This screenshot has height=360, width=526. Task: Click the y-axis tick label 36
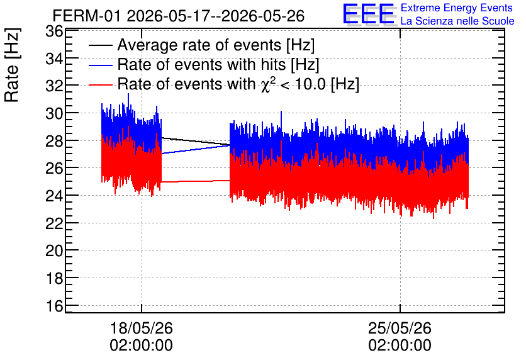coord(54,32)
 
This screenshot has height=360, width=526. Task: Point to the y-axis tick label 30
coord(54,113)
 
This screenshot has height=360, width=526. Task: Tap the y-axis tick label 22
coord(54,223)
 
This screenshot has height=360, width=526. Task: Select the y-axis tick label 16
coord(54,306)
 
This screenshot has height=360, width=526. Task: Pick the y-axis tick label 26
coord(54,168)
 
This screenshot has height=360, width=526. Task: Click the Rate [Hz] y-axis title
coord(12,65)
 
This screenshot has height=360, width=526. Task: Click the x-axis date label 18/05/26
coord(141,328)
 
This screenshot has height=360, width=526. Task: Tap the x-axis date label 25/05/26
coord(400,328)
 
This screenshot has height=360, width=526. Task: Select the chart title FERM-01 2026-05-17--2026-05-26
coord(179,16)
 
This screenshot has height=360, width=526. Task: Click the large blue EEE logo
coord(369,14)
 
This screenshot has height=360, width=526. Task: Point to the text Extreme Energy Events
coord(457,8)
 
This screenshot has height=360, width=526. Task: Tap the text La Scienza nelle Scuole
coord(457,21)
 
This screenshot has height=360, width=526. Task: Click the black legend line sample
coord(100,45)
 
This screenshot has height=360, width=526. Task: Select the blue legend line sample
coord(100,65)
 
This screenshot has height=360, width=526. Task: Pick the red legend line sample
coord(100,85)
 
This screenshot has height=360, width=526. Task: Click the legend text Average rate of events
coord(199,45)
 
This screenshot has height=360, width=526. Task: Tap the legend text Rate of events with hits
coord(201,65)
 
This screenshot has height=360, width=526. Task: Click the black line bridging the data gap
coord(196,141)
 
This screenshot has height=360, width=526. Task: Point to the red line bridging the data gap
coord(196,181)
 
